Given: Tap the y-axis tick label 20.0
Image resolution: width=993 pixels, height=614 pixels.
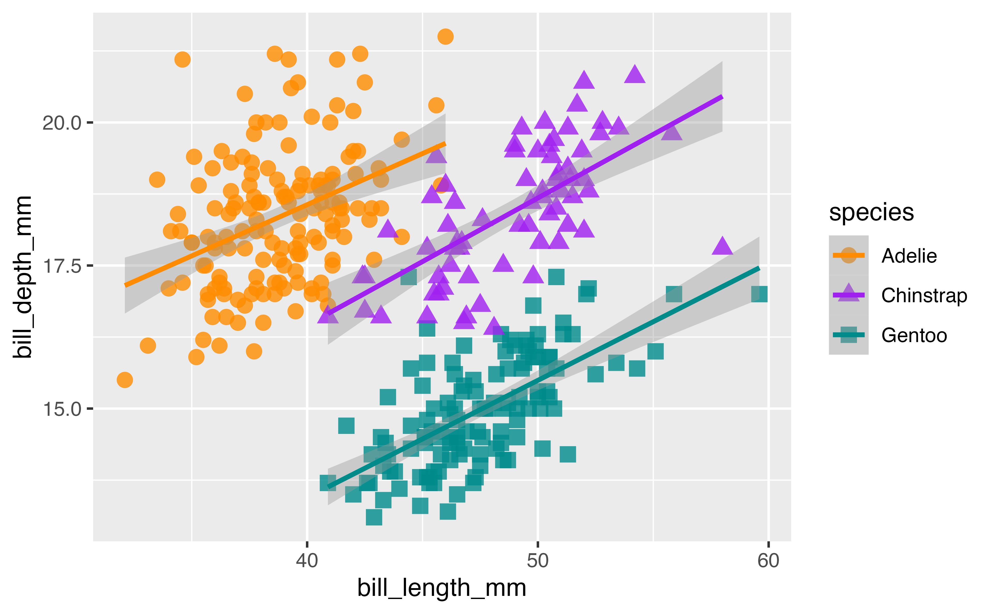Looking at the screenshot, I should point(62,123).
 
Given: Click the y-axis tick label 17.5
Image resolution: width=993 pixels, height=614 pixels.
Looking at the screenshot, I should point(62,266).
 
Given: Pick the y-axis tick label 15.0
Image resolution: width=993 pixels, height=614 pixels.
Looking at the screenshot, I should point(62,409).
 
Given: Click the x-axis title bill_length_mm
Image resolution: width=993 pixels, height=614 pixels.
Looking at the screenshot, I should point(441,588).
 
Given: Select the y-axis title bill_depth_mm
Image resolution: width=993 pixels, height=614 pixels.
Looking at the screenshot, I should point(22,277).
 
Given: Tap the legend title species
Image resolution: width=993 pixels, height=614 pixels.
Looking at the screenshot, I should point(871,212).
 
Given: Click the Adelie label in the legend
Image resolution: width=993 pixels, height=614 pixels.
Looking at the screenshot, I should point(909,256).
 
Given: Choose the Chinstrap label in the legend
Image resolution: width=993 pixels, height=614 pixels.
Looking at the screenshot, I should point(924,296).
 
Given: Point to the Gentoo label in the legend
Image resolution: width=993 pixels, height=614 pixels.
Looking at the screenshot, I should point(914,335).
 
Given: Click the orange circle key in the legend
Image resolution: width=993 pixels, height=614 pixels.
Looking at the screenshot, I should point(848,255).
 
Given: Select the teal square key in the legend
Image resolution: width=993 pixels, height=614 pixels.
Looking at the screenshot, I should point(848,335).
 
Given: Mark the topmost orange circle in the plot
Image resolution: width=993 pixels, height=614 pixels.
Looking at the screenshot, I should point(446,36).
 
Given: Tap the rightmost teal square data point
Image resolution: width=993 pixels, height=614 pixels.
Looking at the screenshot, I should point(759,294).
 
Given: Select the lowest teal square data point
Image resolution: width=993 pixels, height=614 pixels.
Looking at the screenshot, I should point(374,517).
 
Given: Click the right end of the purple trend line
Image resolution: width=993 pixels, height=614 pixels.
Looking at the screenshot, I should point(722,97).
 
